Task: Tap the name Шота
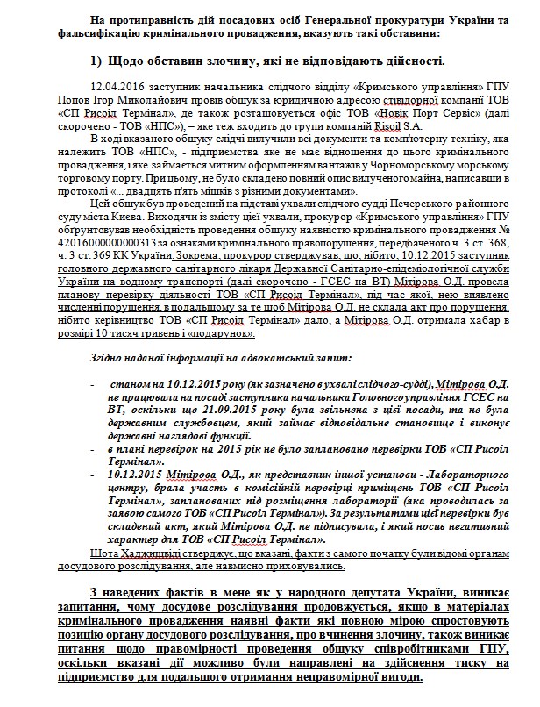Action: point(104,554)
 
